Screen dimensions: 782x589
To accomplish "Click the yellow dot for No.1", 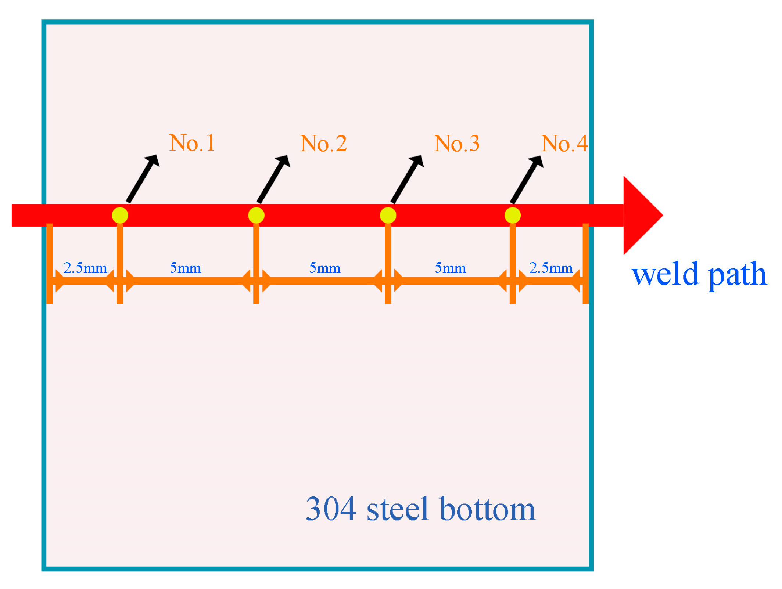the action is (x=120, y=215).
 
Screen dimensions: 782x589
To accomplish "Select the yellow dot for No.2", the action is (x=256, y=215).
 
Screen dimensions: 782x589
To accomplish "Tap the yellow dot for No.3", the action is (x=388, y=215).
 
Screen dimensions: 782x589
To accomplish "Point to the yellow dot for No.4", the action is (x=512, y=215).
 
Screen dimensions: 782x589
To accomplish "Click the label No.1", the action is (x=192, y=143).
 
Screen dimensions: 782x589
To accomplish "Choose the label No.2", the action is (x=323, y=143).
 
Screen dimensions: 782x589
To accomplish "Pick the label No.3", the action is (x=456, y=143).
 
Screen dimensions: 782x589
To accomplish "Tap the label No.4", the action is (x=564, y=143).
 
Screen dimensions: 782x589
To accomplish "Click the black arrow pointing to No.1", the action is (x=143, y=178).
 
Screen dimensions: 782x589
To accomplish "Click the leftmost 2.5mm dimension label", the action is (x=85, y=268).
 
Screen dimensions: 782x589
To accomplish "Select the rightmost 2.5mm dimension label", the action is (x=550, y=268).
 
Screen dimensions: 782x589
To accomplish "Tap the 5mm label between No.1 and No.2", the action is (x=185, y=268).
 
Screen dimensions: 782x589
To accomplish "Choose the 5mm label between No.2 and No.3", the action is (x=324, y=268).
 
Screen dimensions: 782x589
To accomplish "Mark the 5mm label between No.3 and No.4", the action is (x=450, y=268).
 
